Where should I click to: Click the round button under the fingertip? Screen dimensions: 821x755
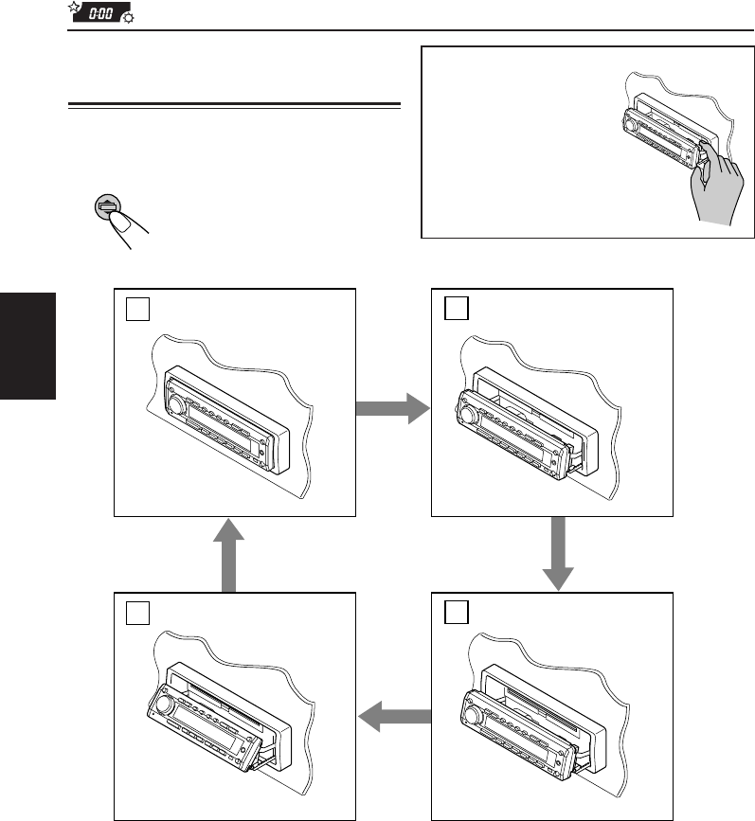point(106,207)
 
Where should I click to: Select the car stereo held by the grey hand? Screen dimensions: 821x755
point(654,136)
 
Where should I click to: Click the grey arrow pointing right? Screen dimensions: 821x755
point(390,408)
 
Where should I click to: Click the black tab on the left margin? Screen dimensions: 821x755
point(28,346)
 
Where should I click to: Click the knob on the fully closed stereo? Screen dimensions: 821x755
point(177,408)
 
